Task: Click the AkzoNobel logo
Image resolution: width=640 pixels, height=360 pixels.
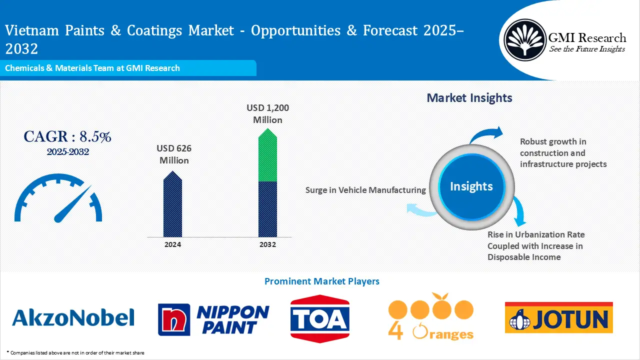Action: coord(73,317)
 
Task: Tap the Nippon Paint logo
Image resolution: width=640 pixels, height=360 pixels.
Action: coord(213,319)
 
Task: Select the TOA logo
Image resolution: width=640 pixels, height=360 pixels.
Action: coord(320,318)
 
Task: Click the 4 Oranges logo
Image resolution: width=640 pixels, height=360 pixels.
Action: coord(431,317)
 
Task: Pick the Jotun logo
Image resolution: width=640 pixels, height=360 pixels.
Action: coord(558,318)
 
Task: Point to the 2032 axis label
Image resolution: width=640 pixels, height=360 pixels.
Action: coord(267,244)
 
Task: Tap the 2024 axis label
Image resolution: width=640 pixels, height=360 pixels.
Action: coord(172,244)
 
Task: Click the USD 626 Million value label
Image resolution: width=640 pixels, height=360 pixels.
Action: coord(174,154)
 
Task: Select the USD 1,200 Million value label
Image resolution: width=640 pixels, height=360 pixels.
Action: coord(267,114)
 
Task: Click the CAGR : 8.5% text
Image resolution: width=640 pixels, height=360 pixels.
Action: coord(67,136)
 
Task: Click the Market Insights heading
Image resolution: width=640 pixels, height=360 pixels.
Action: coord(469,97)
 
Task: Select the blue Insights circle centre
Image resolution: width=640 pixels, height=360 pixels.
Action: coord(471,186)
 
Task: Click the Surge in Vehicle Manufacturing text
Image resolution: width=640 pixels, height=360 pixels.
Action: coord(365,190)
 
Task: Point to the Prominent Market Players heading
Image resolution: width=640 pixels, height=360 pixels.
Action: coord(321,281)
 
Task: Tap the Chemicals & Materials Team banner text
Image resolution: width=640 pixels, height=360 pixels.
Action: coord(92,68)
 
